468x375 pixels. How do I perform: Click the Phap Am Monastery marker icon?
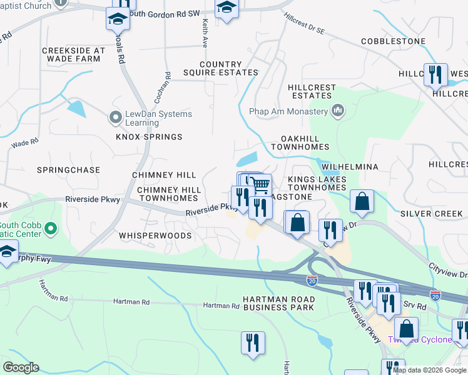coord(338,111)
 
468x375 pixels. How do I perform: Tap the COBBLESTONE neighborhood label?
coord(393,42)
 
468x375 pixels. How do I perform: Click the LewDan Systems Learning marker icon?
coord(115,117)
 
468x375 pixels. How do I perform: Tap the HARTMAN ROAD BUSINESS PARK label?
coord(278,302)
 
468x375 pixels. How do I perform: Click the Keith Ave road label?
coord(205,33)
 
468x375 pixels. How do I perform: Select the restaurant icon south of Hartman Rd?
coord(253,342)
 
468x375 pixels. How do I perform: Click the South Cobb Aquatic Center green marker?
coord(51,229)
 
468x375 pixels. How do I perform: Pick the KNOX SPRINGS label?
coord(149,137)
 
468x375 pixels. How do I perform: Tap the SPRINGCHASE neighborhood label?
coord(68,170)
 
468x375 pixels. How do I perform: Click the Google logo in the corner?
coord(21,367)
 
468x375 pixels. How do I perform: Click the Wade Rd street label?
coord(25,144)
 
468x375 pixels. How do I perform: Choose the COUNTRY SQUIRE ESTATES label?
coord(220,69)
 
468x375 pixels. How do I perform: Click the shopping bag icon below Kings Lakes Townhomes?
coord(362,202)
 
